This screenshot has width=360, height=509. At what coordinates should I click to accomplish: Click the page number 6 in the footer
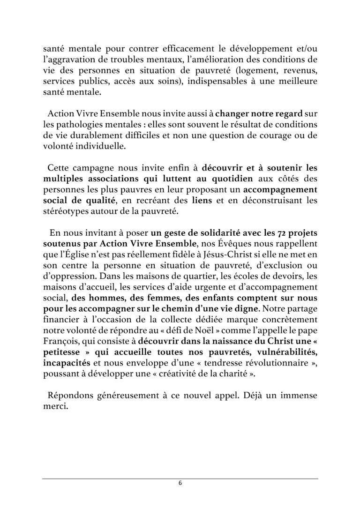[180, 484]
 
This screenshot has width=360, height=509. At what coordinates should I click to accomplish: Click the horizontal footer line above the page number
[180, 479]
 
